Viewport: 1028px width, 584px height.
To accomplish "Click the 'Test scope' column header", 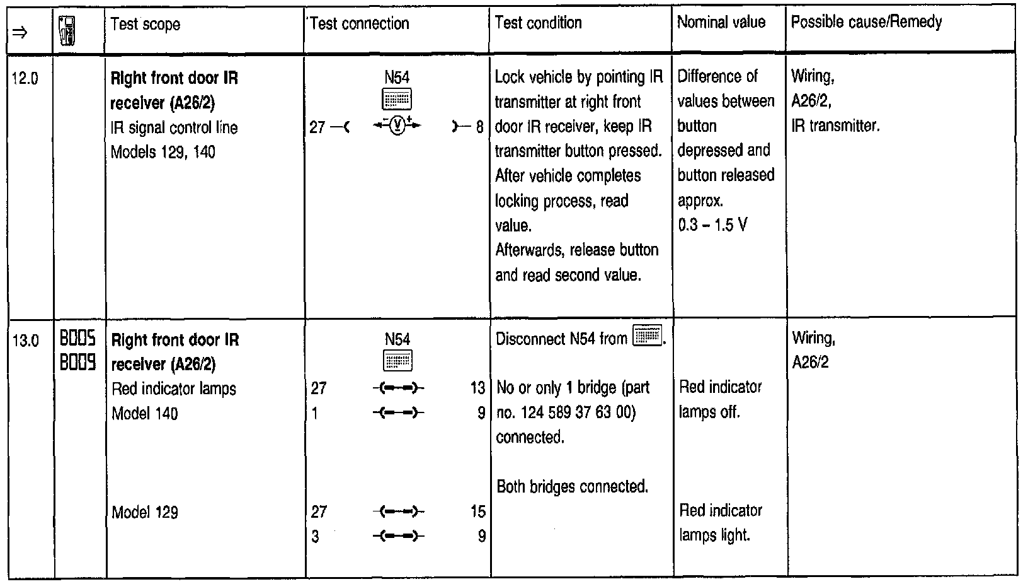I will pos(146,25).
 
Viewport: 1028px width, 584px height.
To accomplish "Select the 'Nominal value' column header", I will pos(721,23).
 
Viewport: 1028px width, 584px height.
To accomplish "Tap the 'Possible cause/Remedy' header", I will pos(866,23).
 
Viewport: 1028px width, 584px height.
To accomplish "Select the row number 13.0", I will pos(25,341).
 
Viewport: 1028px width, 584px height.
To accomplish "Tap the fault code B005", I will pos(78,340).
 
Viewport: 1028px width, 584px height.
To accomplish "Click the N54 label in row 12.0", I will pos(397,78).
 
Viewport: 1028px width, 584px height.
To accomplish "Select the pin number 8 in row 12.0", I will pos(479,127).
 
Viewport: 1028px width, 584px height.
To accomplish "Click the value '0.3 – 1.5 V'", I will pos(712,226).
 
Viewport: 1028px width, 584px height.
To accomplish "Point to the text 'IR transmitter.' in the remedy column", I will pos(835,126).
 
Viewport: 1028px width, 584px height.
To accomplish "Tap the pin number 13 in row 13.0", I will pos(477,388).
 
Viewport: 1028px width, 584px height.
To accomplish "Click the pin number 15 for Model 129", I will pos(477,511).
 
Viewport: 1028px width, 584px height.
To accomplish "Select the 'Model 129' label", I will pos(145,512).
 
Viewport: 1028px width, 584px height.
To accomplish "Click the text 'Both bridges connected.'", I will pos(573,487).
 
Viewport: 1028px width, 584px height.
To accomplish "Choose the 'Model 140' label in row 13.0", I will pos(145,414).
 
